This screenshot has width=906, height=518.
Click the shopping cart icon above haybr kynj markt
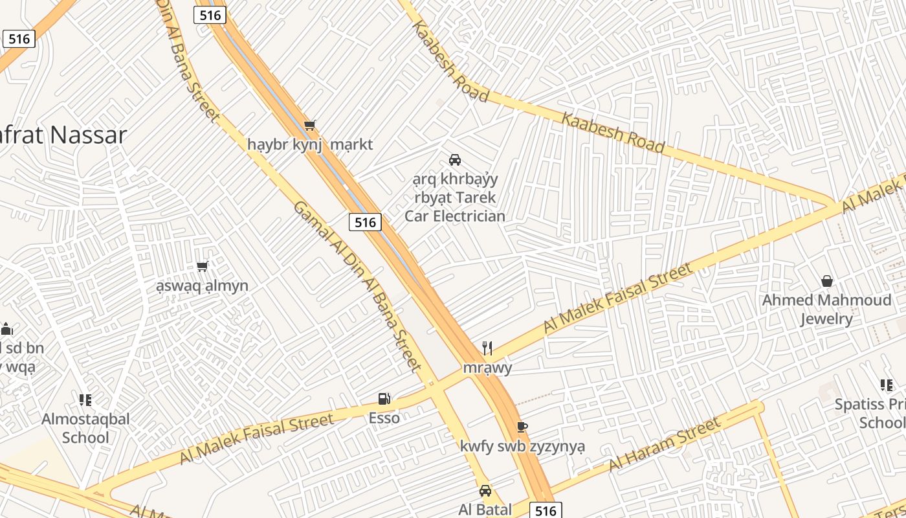(309, 125)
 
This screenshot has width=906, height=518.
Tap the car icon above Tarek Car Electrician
(455, 159)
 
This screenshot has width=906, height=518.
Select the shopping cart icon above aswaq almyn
(202, 266)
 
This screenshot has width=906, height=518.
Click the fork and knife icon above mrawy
(487, 348)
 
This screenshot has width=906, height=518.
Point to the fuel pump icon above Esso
(384, 399)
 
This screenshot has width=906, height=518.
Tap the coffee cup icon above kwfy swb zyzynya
(522, 427)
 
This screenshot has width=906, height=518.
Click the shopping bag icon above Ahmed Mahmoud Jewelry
(826, 281)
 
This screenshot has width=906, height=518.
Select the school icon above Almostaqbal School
(85, 400)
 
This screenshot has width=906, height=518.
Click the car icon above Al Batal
(485, 491)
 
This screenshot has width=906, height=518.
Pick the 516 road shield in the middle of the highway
(365, 222)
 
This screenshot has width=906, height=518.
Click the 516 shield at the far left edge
(19, 39)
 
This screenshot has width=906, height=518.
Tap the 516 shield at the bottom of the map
(546, 510)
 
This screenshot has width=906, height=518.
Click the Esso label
(384, 418)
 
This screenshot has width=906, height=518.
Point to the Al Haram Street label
(665, 445)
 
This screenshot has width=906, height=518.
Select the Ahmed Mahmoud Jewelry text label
(826, 310)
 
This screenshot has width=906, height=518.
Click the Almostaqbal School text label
(85, 428)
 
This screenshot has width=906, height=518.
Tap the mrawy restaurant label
(487, 368)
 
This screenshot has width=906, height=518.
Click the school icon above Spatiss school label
(886, 386)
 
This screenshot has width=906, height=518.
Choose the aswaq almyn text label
(202, 286)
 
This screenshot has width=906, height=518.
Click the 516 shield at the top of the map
(210, 15)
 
